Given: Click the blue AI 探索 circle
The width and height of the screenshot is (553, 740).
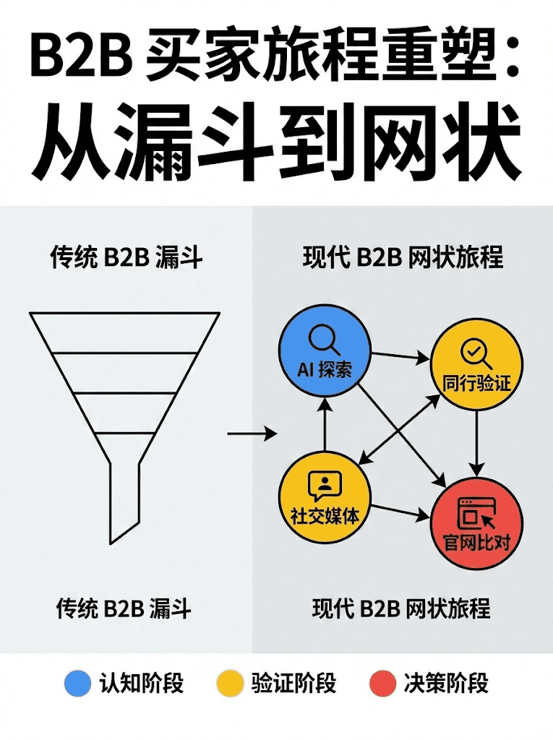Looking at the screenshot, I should click(x=325, y=353).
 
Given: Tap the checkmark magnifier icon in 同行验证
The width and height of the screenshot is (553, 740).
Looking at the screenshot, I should click(x=475, y=353).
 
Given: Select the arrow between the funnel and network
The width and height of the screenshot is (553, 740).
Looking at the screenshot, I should click(x=252, y=434).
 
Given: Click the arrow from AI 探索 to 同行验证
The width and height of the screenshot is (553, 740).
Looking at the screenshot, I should click(x=400, y=355).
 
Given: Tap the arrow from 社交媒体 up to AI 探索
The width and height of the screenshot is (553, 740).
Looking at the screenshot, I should click(x=325, y=426).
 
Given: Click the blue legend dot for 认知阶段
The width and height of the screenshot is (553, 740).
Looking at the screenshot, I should click(x=77, y=683).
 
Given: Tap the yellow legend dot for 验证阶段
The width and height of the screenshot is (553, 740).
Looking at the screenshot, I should click(x=230, y=683).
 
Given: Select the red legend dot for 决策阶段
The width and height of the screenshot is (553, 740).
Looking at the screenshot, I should click(x=382, y=683).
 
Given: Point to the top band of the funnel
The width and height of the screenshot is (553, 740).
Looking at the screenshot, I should click(x=124, y=332).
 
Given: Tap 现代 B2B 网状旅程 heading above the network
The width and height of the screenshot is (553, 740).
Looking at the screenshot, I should click(x=403, y=258).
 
